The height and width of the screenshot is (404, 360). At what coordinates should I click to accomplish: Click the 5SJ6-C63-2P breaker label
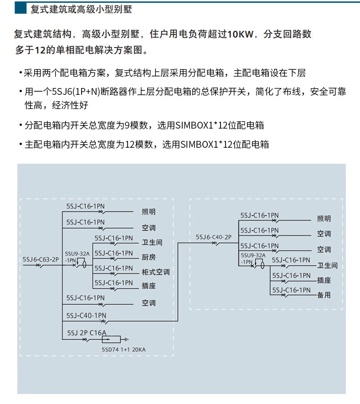[x=41, y=259]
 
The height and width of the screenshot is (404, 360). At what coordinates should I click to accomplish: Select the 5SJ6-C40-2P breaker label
[x=214, y=237]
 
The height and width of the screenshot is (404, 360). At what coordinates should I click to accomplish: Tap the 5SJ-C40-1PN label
[x=86, y=315]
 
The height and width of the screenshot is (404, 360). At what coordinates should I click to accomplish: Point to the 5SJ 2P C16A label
[x=87, y=332]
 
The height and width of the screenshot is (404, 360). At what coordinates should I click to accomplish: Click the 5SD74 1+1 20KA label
[x=126, y=350]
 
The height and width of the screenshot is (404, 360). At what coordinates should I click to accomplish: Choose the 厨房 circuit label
[x=149, y=257]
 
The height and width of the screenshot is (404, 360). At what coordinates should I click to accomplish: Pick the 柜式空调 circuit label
[x=155, y=272]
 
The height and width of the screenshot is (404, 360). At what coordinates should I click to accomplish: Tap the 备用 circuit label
[x=324, y=295]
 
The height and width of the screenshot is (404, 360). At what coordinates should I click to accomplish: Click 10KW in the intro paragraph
[x=238, y=34]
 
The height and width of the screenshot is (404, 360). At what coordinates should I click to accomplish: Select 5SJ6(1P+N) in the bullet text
[x=75, y=92]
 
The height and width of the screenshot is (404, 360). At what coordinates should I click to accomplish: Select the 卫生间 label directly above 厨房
[x=152, y=243]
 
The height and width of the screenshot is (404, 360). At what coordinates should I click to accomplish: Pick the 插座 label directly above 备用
[x=324, y=280]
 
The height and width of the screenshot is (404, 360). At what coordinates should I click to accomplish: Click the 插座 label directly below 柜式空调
[x=149, y=286]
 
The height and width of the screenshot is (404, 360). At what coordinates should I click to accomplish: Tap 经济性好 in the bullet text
[x=70, y=105]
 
